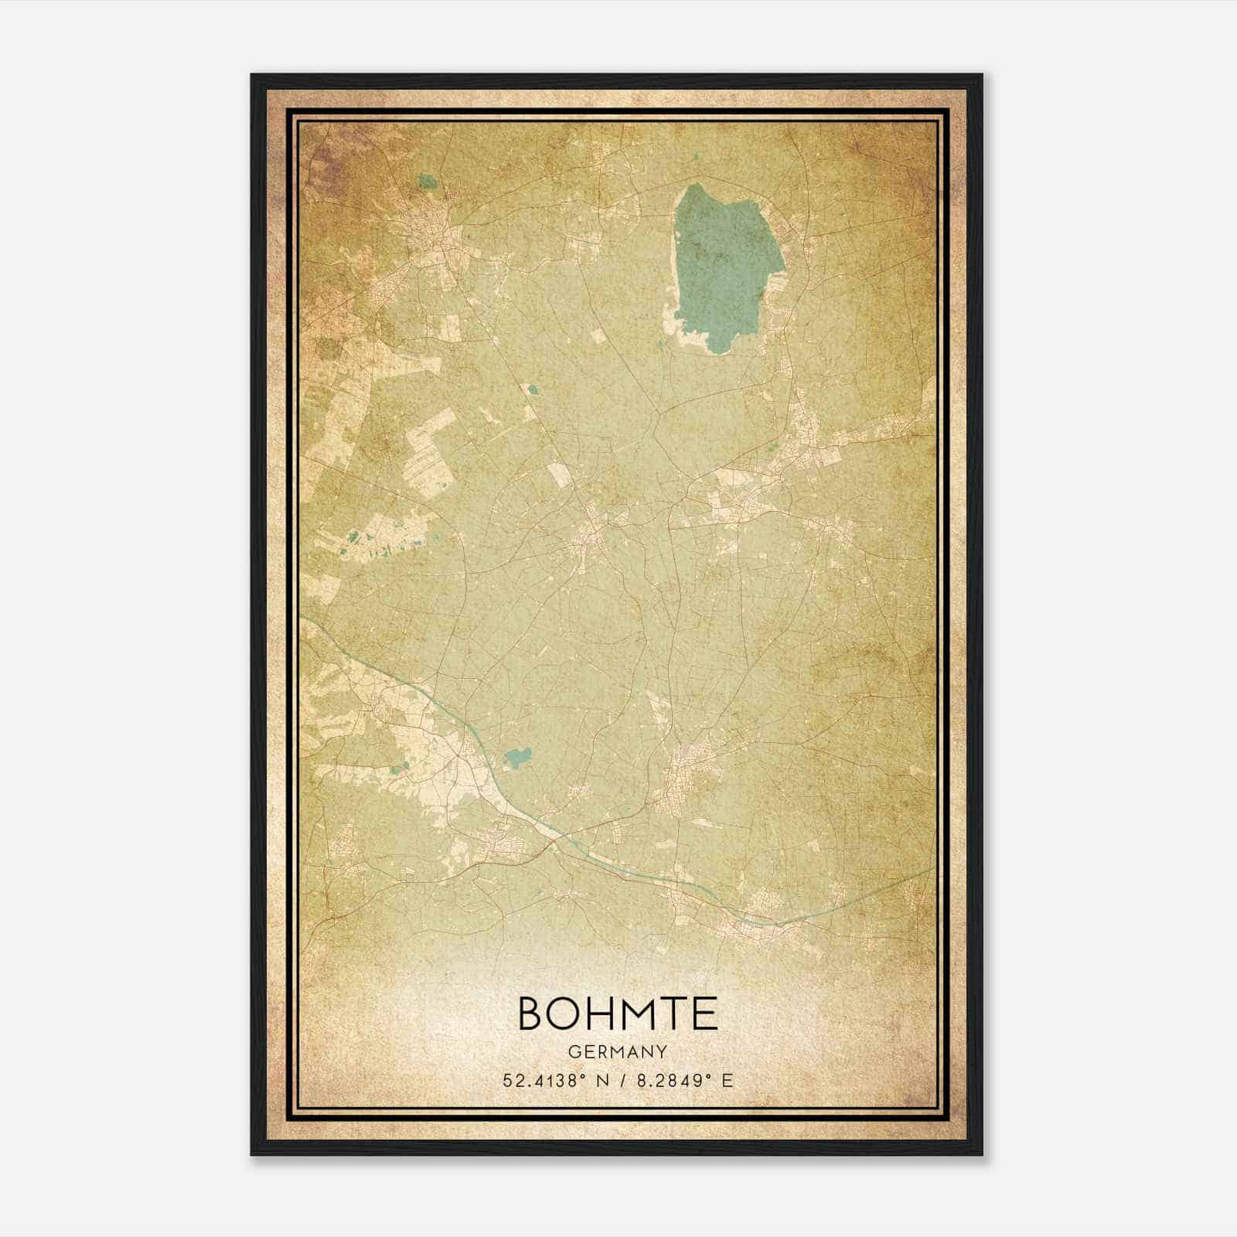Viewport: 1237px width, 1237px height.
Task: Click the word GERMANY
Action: (x=618, y=1052)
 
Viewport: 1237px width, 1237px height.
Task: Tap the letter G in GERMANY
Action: (x=573, y=1052)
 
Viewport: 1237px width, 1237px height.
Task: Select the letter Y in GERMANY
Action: (x=663, y=1052)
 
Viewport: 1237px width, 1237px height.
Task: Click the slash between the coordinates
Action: (x=622, y=1081)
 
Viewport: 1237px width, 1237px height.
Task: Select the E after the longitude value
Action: (x=726, y=1081)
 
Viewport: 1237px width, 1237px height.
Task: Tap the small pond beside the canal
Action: (x=516, y=758)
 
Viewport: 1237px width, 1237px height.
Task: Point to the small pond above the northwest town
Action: (x=426, y=183)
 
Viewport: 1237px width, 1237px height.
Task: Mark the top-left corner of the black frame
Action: (x=252, y=75)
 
